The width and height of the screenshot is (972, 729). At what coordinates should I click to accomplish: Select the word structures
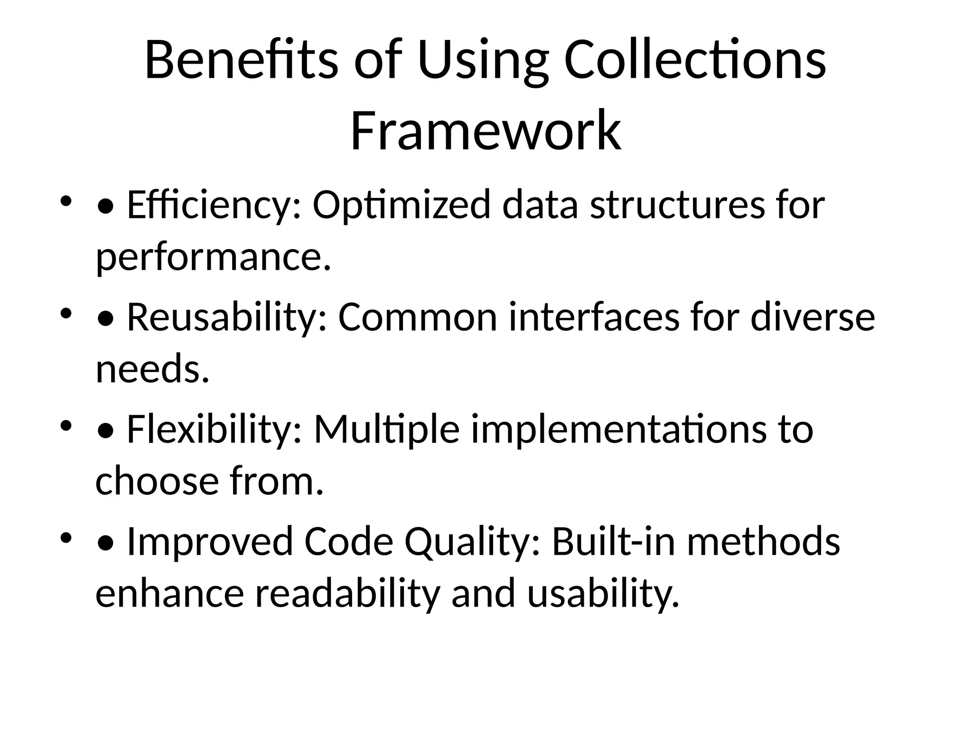(677, 205)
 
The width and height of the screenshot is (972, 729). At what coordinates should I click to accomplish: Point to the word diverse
(813, 317)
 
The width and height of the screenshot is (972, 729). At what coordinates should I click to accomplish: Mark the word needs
(152, 369)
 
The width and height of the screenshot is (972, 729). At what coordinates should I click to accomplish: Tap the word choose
(157, 481)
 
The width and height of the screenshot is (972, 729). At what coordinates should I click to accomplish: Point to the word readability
(348, 594)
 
